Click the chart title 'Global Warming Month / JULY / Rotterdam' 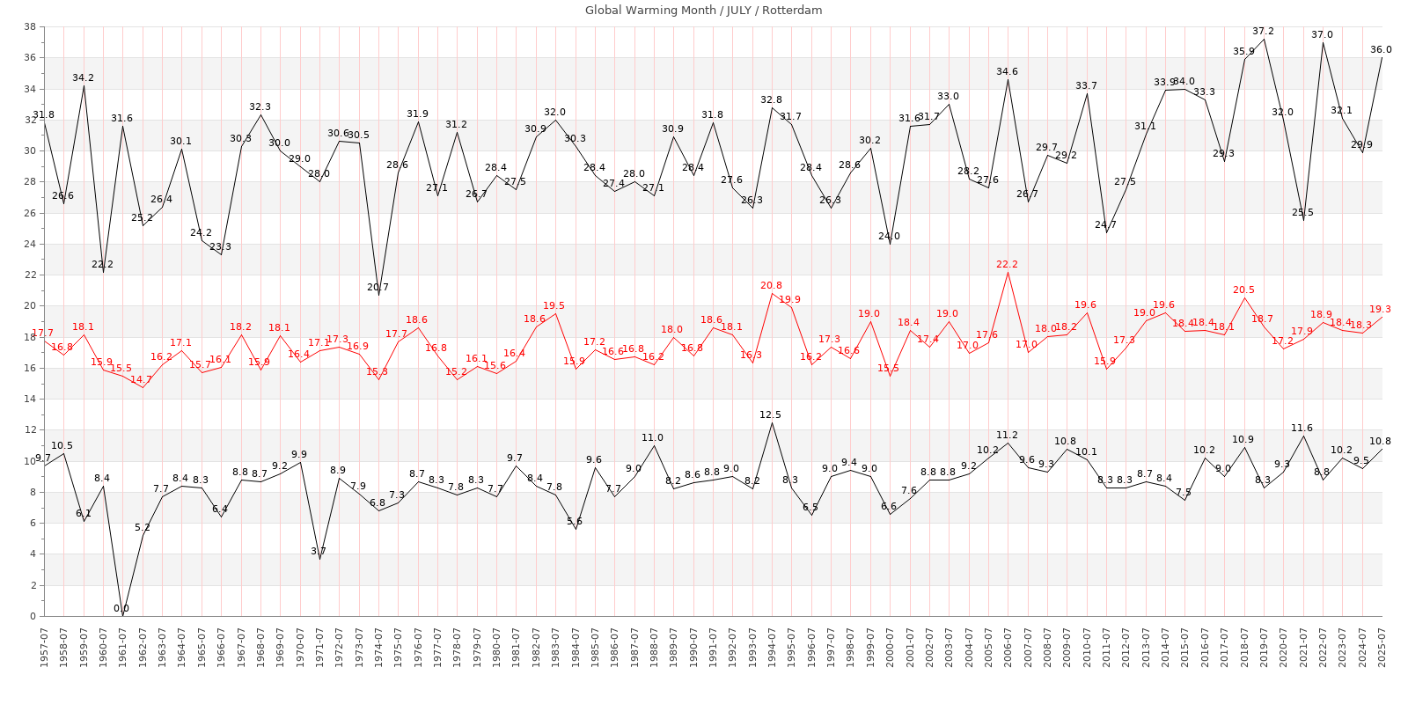click(x=703, y=11)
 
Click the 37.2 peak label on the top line click(x=1263, y=31)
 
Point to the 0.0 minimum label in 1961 click(x=121, y=608)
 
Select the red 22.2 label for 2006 click(x=1007, y=264)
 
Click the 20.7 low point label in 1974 click(x=378, y=287)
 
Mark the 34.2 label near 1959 click(x=83, y=77)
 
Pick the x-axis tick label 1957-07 click(x=44, y=647)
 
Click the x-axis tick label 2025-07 click(x=1382, y=647)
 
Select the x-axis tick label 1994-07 click(x=773, y=647)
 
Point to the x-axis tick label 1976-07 click(x=418, y=647)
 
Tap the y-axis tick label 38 click(x=29, y=26)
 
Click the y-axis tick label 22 click(x=29, y=275)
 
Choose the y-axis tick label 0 click(x=32, y=616)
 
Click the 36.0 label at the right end click(x=1381, y=49)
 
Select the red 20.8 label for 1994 click(x=771, y=285)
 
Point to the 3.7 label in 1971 click(x=318, y=551)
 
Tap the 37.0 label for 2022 click(x=1322, y=34)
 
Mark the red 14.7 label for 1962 click(x=141, y=379)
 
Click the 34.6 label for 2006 click(x=1007, y=71)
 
